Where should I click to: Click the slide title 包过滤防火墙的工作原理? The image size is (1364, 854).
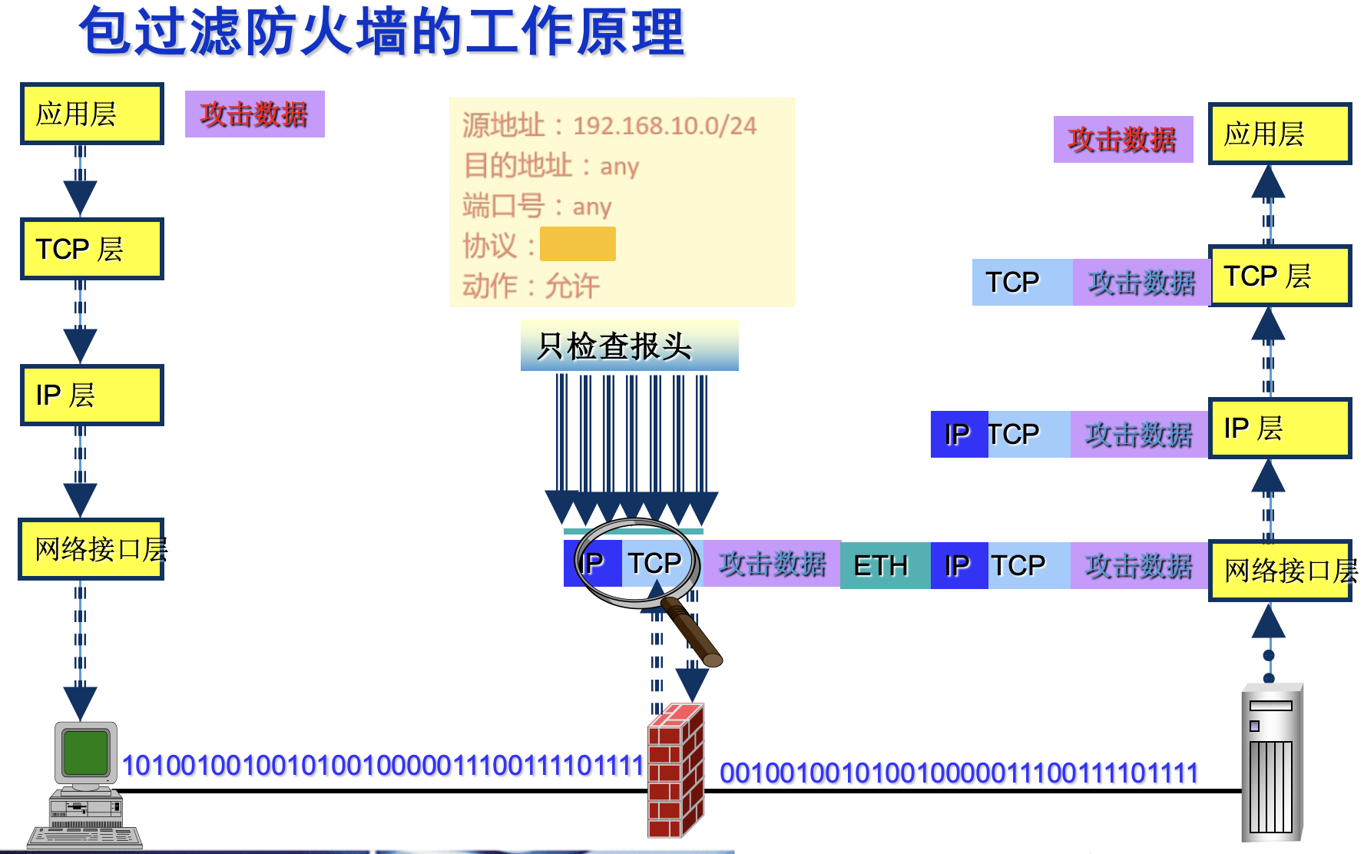pos(382,32)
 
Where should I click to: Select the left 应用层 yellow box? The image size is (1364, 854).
pos(92,114)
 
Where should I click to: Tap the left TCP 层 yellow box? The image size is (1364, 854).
pos(92,249)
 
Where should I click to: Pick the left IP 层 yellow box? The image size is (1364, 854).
pos(92,395)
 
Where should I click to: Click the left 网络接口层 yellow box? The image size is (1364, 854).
pos(92,549)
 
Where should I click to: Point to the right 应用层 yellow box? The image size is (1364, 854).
pos(1280,134)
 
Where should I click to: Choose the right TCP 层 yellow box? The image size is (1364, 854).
pos(1280,276)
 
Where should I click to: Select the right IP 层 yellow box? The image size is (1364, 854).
pos(1280,428)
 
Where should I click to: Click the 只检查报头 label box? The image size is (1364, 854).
pos(629,346)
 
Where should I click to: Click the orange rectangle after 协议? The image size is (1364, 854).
pos(578,244)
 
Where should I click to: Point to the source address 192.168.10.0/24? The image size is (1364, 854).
pos(664,125)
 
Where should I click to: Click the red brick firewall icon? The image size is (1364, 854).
pos(676,770)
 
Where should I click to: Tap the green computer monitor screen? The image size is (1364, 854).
pos(85,752)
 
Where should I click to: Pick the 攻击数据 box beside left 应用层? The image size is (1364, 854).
pos(255,114)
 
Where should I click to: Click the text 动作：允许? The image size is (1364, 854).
pos(531,286)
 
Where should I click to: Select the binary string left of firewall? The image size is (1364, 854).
pos(382,766)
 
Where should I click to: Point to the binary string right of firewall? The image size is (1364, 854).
pos(958,773)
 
